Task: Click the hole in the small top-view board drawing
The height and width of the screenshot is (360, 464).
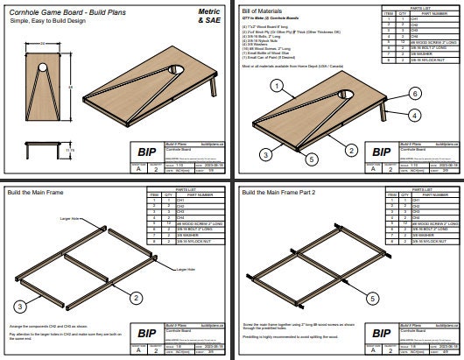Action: click(43, 67)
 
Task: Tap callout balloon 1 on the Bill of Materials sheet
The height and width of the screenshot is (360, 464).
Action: click(278, 86)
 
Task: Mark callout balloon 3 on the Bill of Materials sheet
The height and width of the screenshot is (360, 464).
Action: click(262, 154)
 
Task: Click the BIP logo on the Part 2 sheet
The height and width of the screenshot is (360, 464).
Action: click(380, 333)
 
